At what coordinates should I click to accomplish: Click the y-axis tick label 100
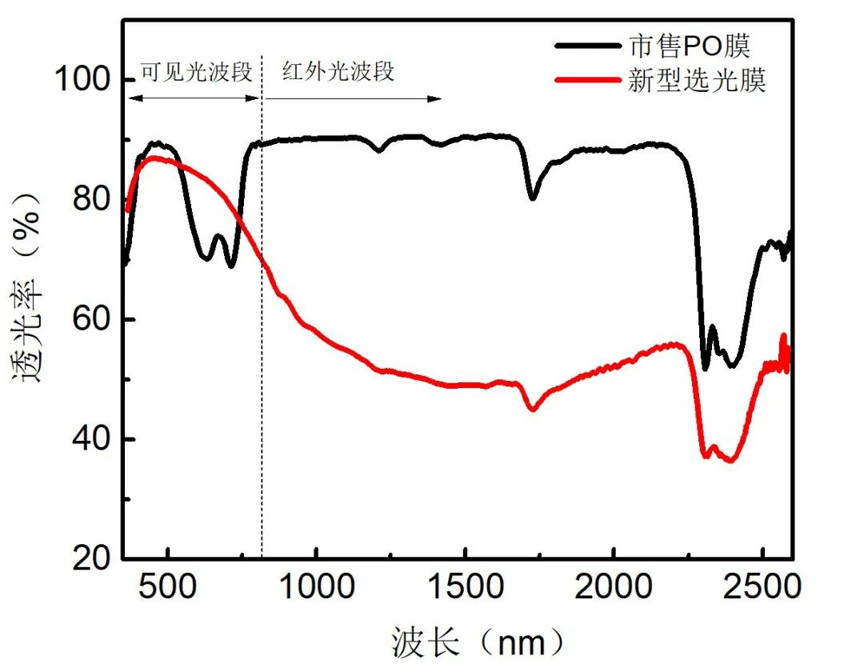pyautogui.click(x=82, y=80)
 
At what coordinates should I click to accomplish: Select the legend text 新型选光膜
pyautogui.click(x=697, y=81)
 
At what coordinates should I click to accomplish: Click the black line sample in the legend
pyautogui.click(x=588, y=46)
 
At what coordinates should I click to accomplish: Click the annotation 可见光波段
pyautogui.click(x=196, y=72)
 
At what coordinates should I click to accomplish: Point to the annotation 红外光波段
pyautogui.click(x=338, y=72)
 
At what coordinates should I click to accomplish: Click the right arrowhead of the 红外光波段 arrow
pyautogui.click(x=437, y=98)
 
